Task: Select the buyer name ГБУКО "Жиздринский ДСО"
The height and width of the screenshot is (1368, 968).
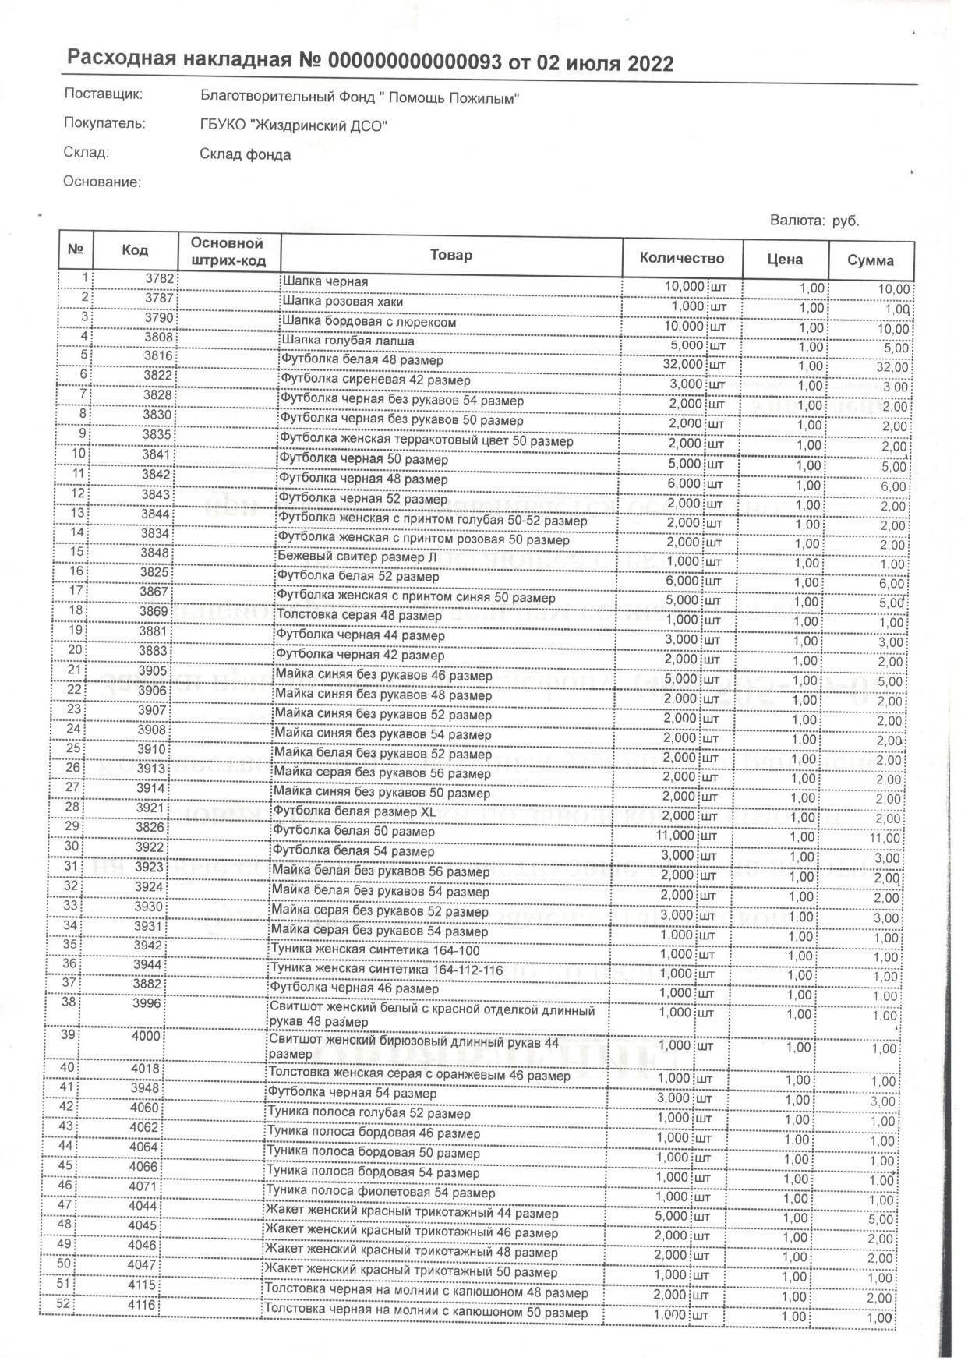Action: pos(293,125)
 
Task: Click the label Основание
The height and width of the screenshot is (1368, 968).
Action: pos(101,182)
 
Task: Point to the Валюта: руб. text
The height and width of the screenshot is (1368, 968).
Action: pos(814,221)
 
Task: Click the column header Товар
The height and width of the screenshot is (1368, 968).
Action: pos(450,255)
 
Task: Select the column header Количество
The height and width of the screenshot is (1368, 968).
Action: pos(682,259)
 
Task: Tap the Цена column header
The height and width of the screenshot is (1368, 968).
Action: pos(785,260)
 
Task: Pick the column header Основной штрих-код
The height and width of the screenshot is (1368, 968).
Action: pos(228,252)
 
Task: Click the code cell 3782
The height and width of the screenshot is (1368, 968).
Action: pos(159,278)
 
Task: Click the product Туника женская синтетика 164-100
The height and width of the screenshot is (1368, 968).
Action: pos(374,950)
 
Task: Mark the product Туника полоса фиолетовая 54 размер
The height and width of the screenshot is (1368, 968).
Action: pos(380,1193)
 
